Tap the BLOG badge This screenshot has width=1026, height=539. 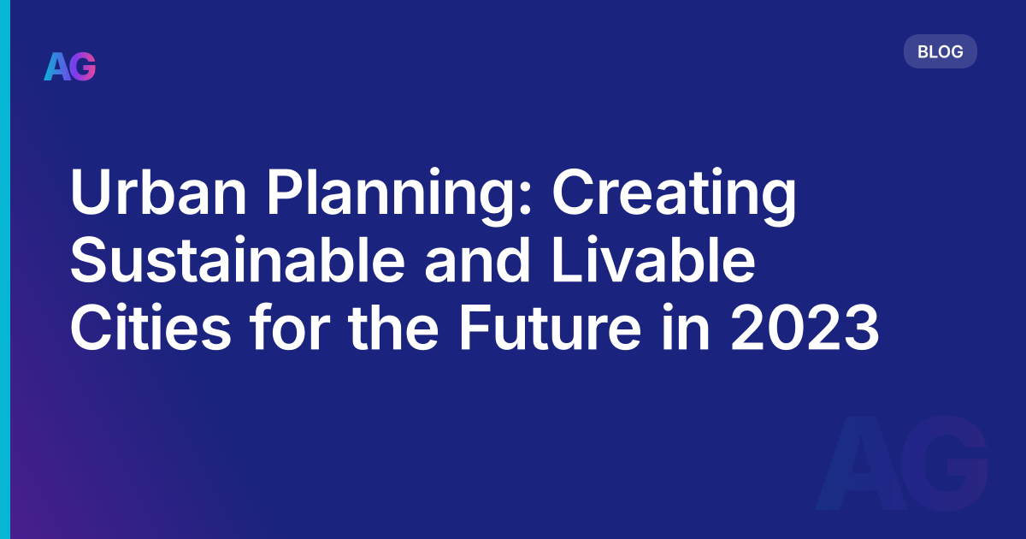click(940, 51)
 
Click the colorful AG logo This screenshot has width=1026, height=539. click(70, 67)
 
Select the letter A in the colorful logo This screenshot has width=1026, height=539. click(56, 67)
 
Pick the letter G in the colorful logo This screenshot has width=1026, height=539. click(83, 67)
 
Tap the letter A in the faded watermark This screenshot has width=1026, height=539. click(856, 466)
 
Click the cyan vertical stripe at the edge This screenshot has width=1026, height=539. click(4, 269)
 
